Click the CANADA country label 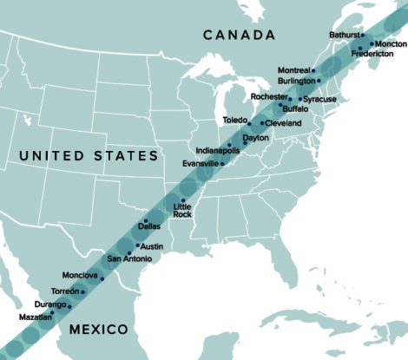[239, 34]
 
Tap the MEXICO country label [98, 330]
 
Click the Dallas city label [149, 226]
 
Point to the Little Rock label [182, 210]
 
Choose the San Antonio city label [129, 259]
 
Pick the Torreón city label [63, 291]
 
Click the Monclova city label [81, 275]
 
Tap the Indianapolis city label [217, 150]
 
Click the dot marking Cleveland [262, 123]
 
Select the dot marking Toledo [249, 123]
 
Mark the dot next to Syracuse [299, 99]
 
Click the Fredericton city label [372, 54]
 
